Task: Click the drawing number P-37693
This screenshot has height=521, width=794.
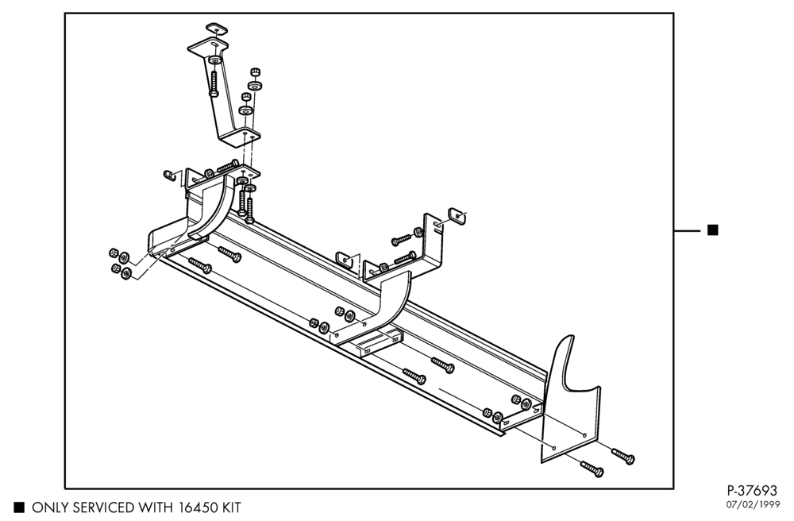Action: (751, 491)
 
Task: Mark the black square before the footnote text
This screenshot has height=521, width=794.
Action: (19, 507)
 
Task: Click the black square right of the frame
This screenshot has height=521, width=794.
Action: (712, 230)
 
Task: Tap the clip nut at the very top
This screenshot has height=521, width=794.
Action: (217, 29)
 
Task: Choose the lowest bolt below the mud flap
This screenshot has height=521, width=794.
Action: (592, 469)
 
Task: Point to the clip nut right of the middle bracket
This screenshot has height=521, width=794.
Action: (457, 216)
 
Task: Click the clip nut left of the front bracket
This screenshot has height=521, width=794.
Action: (170, 175)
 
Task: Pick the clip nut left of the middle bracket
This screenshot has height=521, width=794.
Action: (344, 259)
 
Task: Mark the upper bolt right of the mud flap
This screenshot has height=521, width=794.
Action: (622, 456)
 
